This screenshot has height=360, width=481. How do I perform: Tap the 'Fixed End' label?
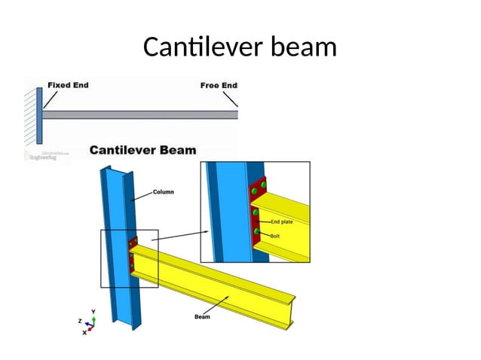[68, 85]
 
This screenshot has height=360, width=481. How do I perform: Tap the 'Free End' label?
[219, 85]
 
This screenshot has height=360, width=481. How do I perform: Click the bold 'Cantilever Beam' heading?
[143, 150]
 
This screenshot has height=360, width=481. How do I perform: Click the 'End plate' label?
[283, 221]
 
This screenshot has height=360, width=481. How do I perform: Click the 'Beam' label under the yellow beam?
[202, 317]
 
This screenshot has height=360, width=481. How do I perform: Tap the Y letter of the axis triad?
[93, 310]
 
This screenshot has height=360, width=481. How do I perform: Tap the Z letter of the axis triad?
[79, 320]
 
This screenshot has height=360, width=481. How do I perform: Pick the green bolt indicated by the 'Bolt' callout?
[257, 231]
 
